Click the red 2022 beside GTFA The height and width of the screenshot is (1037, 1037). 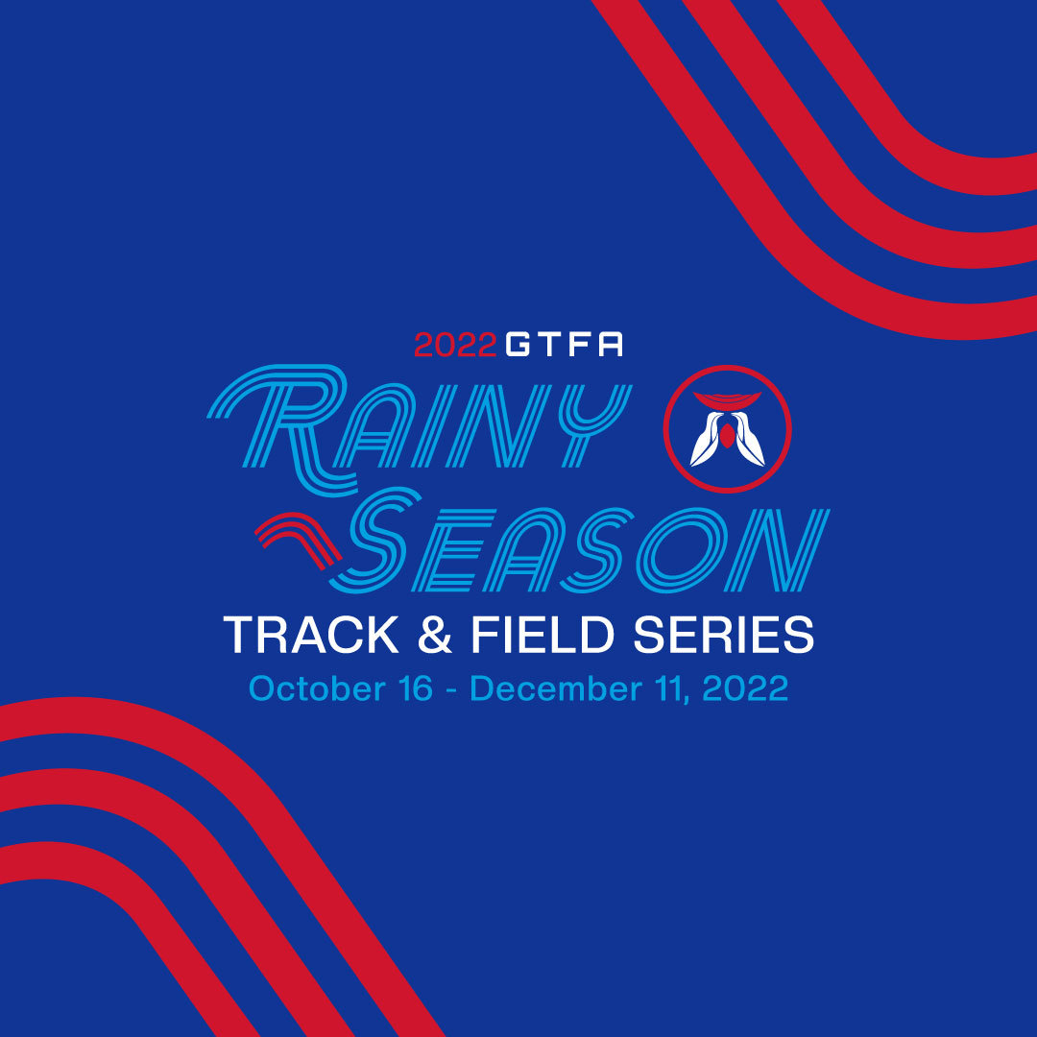[455, 345]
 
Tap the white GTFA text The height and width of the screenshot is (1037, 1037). [564, 345]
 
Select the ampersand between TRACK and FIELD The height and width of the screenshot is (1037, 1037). [434, 636]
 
